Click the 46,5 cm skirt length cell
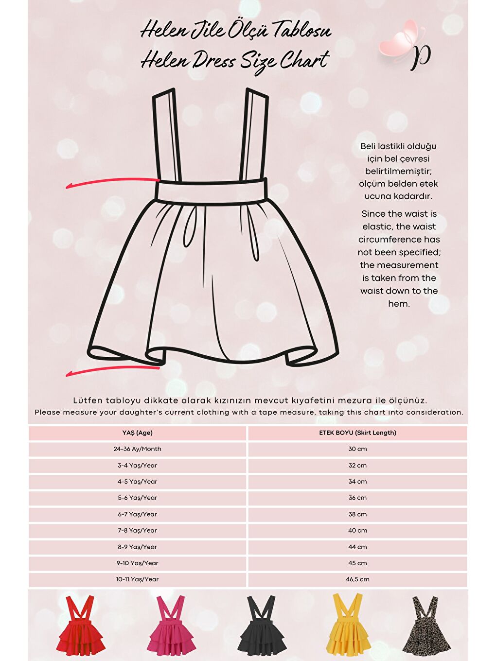pyautogui.click(x=357, y=579)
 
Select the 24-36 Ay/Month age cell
pyautogui.click(x=137, y=449)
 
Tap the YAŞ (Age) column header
pyautogui.click(x=137, y=433)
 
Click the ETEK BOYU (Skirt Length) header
pyautogui.click(x=357, y=433)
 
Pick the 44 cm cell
pyautogui.click(x=357, y=547)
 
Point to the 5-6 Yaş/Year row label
pyautogui.click(x=137, y=498)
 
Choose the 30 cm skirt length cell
pyautogui.click(x=357, y=449)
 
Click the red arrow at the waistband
pyautogui.click(x=112, y=182)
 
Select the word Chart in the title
pyautogui.click(x=305, y=61)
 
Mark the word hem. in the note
pyautogui.click(x=399, y=304)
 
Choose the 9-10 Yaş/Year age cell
pyautogui.click(x=137, y=563)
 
